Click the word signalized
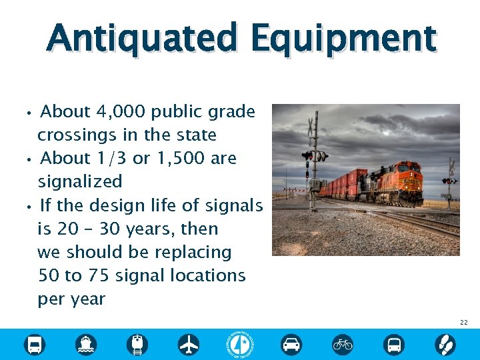coord(80,181)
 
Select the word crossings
coord(78,135)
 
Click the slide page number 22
coord(463,323)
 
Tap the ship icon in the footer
coord(86,344)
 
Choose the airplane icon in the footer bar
coord(189,344)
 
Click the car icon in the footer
coord(291,344)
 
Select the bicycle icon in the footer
coord(343,344)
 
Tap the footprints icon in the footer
coord(445,344)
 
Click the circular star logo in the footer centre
coord(240,344)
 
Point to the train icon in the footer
coord(137,344)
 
